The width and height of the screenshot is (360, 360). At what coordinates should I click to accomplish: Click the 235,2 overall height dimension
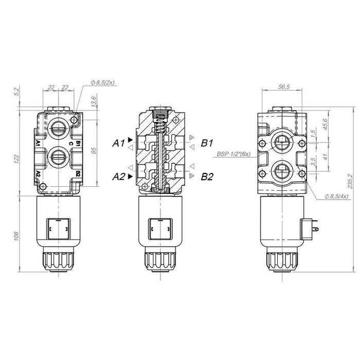350,181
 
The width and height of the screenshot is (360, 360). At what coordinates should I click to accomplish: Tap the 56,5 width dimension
284,87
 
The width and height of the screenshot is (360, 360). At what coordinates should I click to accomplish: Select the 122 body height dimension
16,159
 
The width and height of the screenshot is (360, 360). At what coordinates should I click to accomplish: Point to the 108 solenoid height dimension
16,236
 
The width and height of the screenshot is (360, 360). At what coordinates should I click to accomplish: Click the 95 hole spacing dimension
94,151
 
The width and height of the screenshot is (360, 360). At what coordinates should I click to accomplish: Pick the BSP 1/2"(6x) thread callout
233,154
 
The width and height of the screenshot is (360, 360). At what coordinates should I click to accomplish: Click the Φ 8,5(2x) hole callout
103,82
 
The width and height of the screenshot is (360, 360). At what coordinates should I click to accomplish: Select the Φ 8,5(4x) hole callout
336,196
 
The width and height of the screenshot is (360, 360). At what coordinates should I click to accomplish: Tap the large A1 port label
118,143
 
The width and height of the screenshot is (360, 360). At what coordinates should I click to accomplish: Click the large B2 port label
207,176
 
